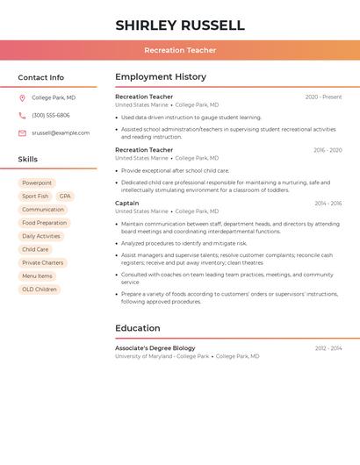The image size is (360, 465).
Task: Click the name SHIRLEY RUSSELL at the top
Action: [x=180, y=25]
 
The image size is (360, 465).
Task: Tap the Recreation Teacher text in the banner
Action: [x=180, y=50]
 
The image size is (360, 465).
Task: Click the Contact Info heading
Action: [x=40, y=77]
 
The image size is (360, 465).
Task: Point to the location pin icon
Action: [x=22, y=97]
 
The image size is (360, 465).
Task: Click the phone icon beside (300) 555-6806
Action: [x=22, y=115]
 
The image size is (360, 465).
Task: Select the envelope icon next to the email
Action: [x=22, y=133]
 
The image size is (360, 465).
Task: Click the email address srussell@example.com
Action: [x=61, y=133]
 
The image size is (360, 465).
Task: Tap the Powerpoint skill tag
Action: [x=37, y=183]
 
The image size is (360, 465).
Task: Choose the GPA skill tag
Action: [x=65, y=197]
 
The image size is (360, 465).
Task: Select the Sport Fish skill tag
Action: [x=35, y=197]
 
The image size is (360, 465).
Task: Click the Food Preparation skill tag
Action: [x=44, y=223]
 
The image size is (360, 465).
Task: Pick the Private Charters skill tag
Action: [x=43, y=262]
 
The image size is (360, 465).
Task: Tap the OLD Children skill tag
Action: [x=40, y=289]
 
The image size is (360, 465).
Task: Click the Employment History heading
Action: [x=161, y=77]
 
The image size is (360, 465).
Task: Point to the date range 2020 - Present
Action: [x=323, y=97]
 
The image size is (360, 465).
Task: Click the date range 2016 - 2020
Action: [x=328, y=150]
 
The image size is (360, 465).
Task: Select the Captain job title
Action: [x=126, y=203]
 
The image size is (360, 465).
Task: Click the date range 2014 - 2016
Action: [x=328, y=204]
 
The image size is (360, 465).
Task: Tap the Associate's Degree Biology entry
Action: [x=155, y=348]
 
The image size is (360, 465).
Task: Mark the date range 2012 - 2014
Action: [x=328, y=348]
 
